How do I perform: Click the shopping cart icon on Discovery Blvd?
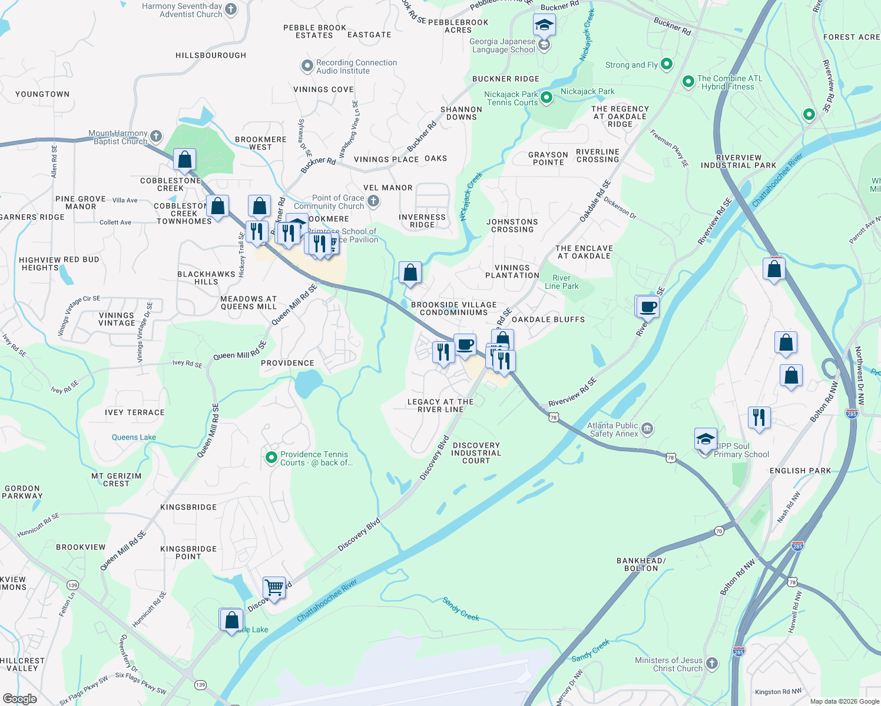point(274,587)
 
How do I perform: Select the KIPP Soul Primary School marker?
point(706,439)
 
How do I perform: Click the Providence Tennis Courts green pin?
point(271,457)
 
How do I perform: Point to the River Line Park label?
point(561,282)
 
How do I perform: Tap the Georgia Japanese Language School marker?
point(544,45)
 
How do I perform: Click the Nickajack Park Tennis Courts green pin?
point(547,98)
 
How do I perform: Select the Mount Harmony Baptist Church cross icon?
point(156,136)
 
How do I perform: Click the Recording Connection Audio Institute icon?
point(307,66)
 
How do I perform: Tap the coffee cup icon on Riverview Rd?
point(648,307)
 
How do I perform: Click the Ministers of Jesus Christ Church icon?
point(712,664)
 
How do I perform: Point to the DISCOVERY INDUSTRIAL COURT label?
point(476,453)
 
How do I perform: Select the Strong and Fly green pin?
point(667,64)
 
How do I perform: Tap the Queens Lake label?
point(134,437)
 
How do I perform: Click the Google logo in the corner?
point(19,698)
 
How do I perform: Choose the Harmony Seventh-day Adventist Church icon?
point(231,9)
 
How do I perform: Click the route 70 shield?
point(718,531)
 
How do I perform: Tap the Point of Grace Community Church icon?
point(373,202)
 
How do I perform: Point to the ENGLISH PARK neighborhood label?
point(800,471)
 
